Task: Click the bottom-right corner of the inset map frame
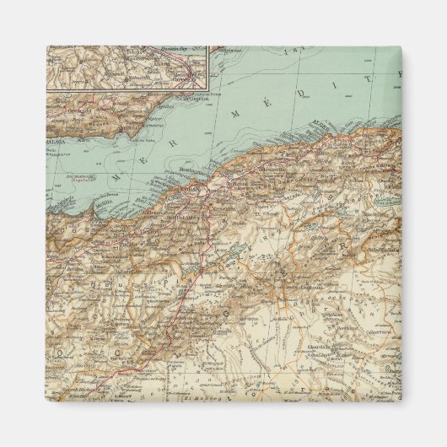coord(208,88)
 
